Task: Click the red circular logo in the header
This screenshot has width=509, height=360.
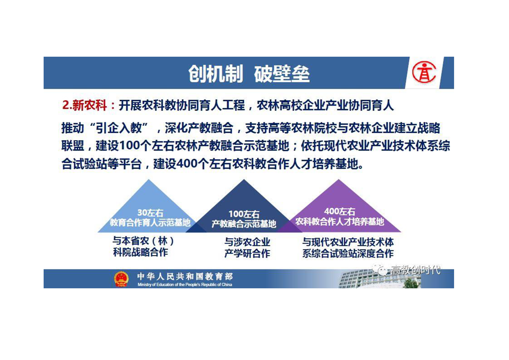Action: (x=424, y=73)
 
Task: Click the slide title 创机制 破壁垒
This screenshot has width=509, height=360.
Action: (x=249, y=74)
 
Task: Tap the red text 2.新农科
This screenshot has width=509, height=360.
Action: (x=84, y=105)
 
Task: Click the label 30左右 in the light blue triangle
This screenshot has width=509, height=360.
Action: (x=150, y=213)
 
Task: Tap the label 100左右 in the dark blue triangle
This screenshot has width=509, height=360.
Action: (x=244, y=214)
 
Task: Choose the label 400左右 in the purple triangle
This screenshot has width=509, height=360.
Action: (x=339, y=212)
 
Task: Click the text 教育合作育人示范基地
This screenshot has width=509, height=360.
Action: (x=150, y=222)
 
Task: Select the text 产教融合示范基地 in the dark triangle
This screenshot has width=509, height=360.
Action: (x=244, y=224)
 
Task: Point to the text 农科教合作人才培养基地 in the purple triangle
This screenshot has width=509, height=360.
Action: (x=339, y=222)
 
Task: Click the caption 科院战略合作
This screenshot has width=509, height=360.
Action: (x=141, y=252)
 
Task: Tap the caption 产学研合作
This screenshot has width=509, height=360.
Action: (x=247, y=253)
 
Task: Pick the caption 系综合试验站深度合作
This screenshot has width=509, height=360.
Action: (x=348, y=253)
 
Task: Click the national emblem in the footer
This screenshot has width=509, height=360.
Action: (x=121, y=279)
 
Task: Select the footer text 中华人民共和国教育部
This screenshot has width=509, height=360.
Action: (x=185, y=276)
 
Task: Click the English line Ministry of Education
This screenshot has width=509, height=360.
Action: (x=185, y=285)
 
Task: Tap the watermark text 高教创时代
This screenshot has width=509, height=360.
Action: (x=415, y=270)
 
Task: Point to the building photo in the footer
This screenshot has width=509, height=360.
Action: (x=380, y=278)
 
